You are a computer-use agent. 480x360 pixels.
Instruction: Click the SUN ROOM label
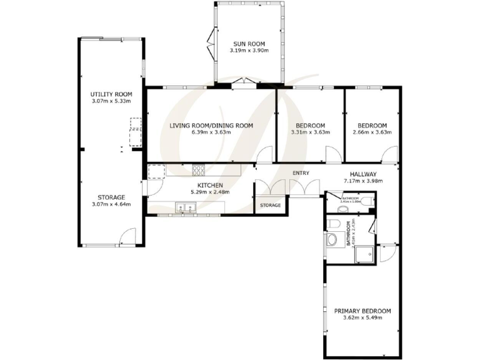click(246, 44)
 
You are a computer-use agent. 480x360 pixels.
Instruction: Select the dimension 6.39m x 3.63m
click(211, 132)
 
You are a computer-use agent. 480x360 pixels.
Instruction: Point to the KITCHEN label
click(210, 185)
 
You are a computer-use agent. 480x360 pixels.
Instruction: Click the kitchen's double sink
click(184, 207)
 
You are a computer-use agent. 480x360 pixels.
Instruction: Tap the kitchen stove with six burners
click(199, 169)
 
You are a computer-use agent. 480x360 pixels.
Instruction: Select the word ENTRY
click(301, 173)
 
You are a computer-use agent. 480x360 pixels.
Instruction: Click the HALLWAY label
click(362, 174)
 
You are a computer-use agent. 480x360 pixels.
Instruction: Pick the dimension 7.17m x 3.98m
click(362, 181)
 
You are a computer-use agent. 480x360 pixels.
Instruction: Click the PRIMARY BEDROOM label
click(362, 311)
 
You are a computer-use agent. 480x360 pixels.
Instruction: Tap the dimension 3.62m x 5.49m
click(362, 317)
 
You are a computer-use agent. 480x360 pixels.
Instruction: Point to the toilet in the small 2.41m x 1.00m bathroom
click(371, 201)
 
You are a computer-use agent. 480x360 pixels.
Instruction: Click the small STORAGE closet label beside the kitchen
click(270, 205)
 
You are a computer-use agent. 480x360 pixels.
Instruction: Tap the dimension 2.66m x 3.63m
click(372, 132)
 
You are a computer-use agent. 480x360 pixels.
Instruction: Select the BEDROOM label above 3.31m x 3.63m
click(311, 125)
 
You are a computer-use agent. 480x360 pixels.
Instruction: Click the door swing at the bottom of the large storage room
click(127, 237)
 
